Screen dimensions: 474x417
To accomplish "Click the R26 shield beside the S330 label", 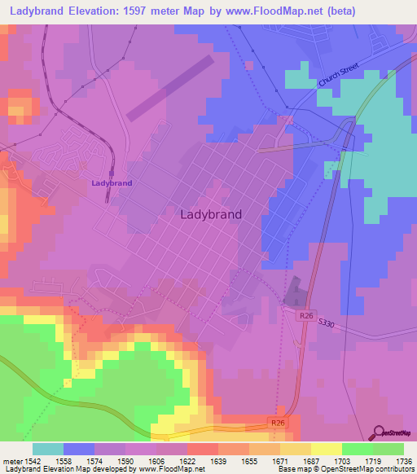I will (305, 316).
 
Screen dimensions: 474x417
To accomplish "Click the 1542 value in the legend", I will (33, 460).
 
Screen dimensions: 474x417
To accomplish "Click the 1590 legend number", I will (125, 460).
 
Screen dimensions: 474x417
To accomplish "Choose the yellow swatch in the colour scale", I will (327, 449).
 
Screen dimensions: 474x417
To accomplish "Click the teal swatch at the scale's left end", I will (48, 449).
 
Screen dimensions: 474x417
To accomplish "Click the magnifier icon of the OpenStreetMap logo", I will (377, 432).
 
